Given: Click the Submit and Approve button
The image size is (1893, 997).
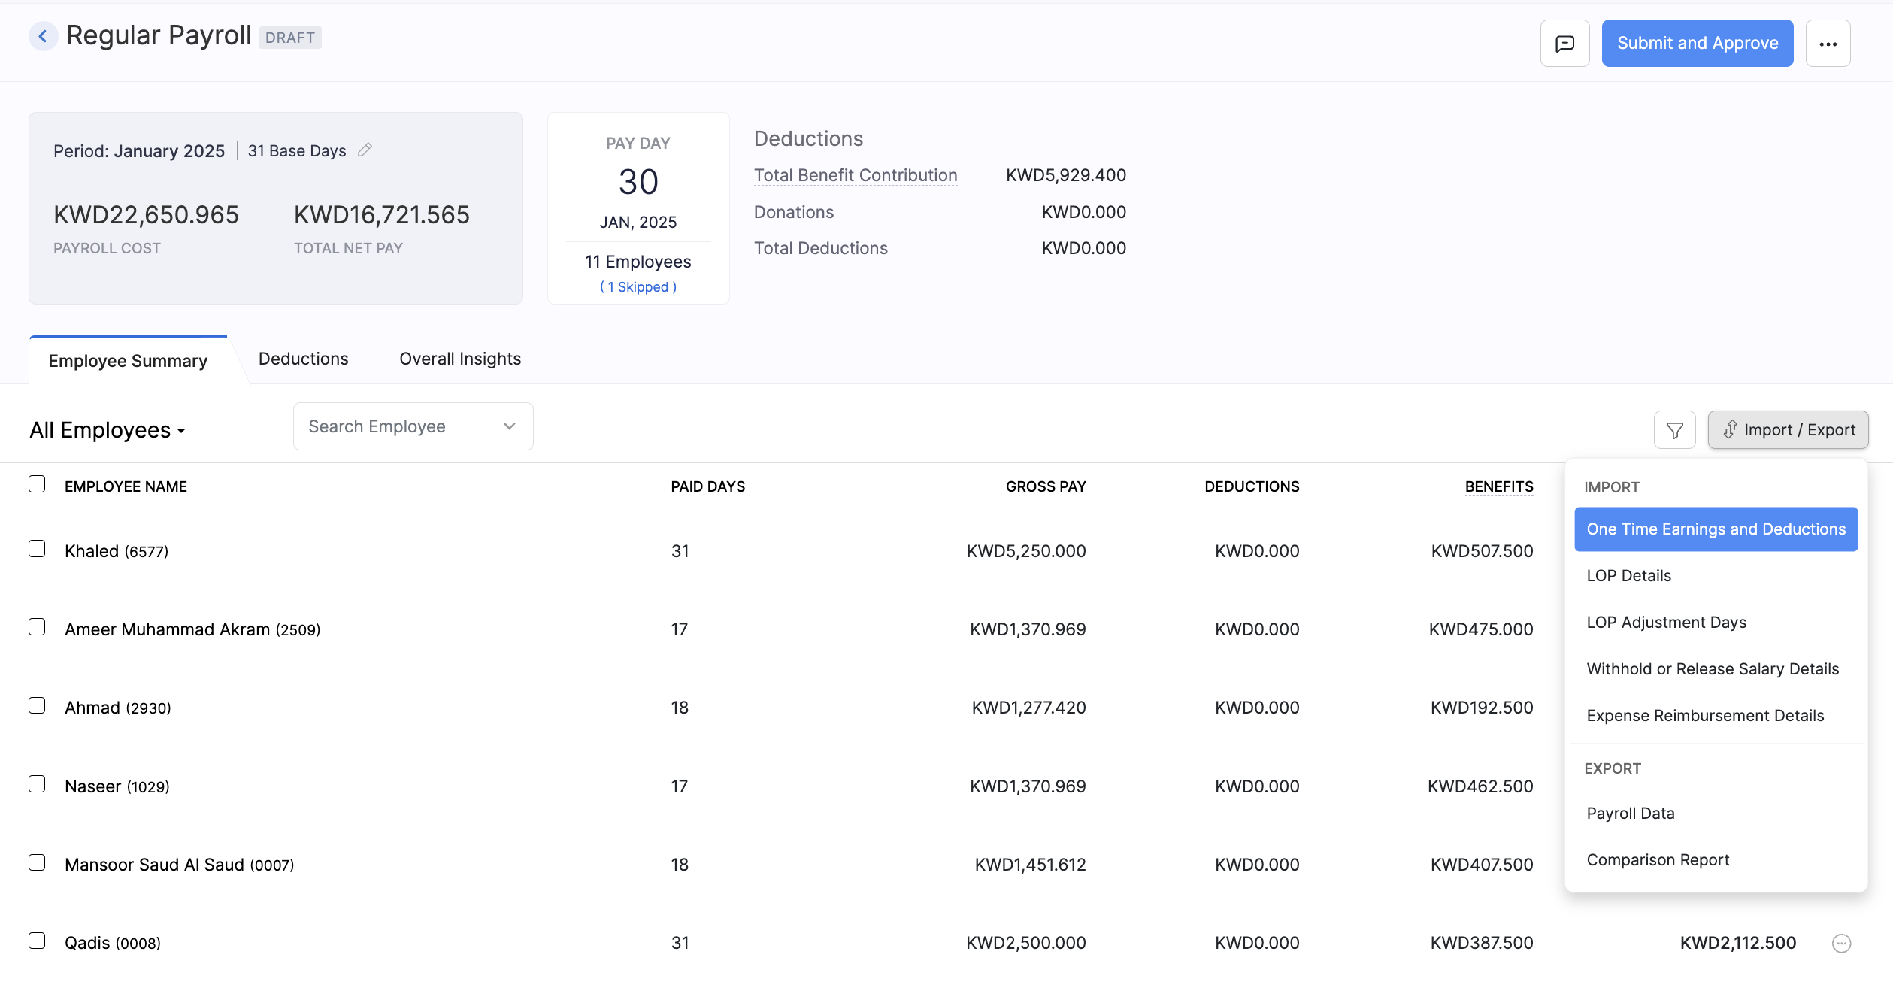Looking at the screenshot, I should [x=1697, y=44].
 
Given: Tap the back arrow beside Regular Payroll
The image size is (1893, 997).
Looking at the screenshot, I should [x=43, y=36].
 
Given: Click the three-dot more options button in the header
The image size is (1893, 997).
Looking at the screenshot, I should [x=1828, y=44].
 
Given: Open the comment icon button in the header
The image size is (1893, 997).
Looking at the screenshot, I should [x=1564, y=44].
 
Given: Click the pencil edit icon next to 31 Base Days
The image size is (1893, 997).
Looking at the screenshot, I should [x=365, y=150].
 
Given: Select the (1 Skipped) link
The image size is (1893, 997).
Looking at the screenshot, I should [x=638, y=287].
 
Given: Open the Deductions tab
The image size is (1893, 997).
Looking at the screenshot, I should [x=303, y=359].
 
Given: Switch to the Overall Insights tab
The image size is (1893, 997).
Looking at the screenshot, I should [x=460, y=359].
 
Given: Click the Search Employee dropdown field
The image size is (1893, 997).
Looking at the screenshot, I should [x=413, y=427].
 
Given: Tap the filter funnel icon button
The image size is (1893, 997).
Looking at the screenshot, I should [x=1674, y=430].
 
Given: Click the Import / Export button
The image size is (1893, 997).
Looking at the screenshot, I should [x=1788, y=430].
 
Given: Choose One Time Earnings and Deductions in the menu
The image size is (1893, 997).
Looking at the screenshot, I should [x=1716, y=529].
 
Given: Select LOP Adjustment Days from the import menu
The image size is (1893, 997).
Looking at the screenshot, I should [x=1666, y=623].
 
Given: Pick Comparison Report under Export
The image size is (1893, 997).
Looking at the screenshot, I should [x=1658, y=860].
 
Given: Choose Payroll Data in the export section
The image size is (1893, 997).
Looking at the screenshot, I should [x=1630, y=814].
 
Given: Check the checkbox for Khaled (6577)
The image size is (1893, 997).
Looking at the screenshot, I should [x=37, y=549].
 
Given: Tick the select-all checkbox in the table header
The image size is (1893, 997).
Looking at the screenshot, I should [x=37, y=484].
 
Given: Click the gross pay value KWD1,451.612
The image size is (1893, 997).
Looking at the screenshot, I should [x=1030, y=865].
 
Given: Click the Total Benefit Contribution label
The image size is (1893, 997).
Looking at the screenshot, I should [x=856, y=176].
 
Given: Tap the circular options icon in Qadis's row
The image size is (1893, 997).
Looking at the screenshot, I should [x=1841, y=944].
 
